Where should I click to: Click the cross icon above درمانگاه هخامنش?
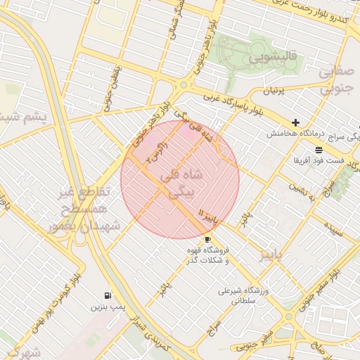coord(296,122)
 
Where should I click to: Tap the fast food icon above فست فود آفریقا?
coord(319,150)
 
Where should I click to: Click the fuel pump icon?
coord(107,295)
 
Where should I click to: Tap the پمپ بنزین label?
coord(107,307)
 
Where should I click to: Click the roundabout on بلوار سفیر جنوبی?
coord(289,316)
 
